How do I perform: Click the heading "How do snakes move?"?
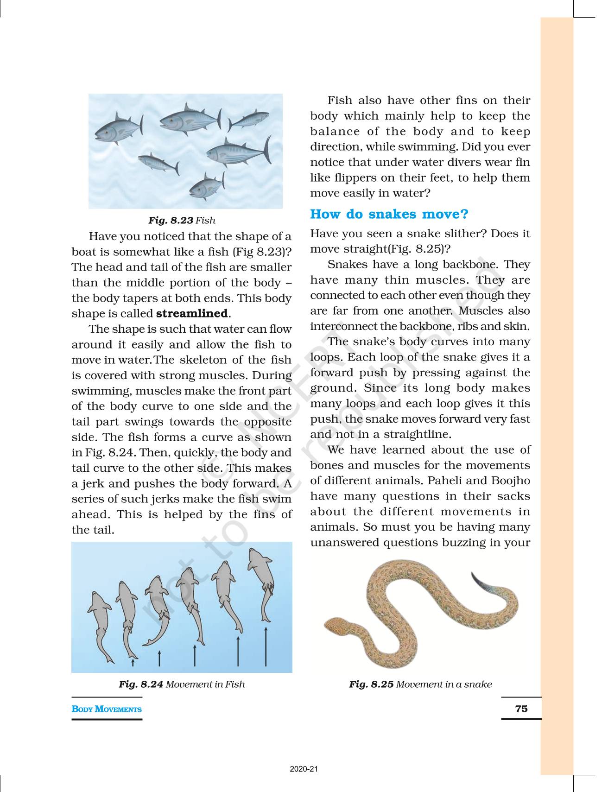389,214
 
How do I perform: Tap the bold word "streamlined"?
192,313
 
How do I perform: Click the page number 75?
521,709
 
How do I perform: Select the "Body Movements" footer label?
107,709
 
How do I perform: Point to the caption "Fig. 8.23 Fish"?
182,221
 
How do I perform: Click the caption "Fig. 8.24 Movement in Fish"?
182,684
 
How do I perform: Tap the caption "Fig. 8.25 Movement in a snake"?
420,684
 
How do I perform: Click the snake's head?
335,626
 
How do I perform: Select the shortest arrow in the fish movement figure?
133,663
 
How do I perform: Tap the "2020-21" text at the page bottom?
304,769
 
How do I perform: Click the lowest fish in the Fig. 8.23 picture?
207,186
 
